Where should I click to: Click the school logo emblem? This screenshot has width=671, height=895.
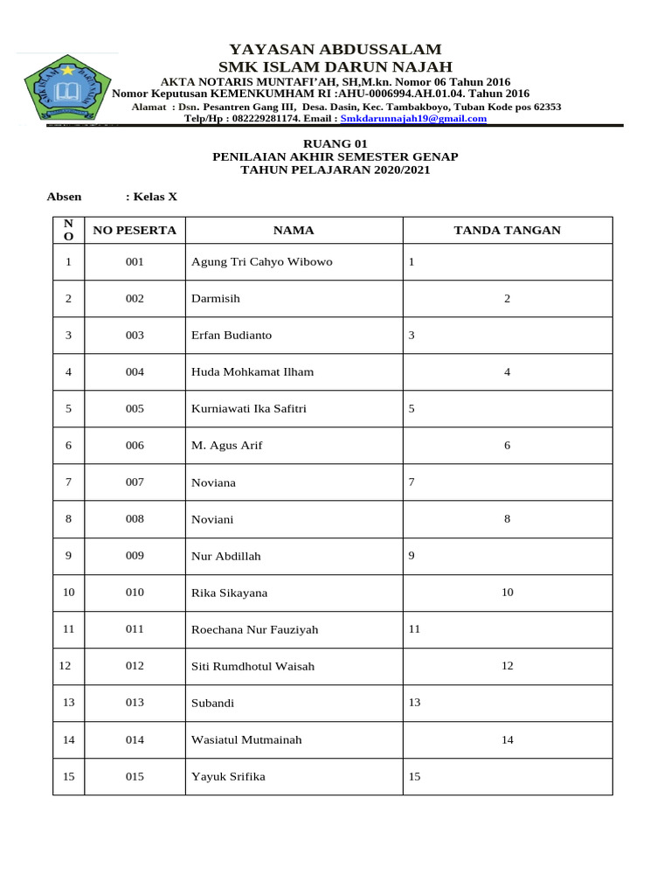pos(66,89)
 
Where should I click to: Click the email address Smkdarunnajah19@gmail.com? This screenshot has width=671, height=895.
pos(413,118)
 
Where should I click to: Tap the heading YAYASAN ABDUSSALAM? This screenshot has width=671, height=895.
pos(335,50)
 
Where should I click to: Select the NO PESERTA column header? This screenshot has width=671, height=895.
pos(135,231)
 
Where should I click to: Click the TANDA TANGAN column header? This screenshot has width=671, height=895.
pos(507,231)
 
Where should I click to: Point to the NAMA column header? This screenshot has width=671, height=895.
pos(294,231)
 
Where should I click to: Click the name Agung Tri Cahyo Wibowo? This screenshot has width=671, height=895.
pos(261,262)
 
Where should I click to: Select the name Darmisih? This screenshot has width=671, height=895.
pos(215,299)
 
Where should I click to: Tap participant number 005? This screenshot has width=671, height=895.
pos(135,409)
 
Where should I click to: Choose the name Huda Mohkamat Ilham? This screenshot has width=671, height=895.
pos(252,372)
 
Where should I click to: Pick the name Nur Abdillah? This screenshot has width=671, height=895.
pos(225,556)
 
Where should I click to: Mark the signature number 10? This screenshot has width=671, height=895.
pos(507,593)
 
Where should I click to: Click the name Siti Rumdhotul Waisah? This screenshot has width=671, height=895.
pos(252,666)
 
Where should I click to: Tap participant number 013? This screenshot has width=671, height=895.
pos(135,703)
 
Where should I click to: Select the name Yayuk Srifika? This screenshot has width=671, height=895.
pos(228,776)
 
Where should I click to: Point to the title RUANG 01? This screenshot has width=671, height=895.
pos(335,142)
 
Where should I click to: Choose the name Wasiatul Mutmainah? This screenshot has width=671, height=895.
pos(246,739)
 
